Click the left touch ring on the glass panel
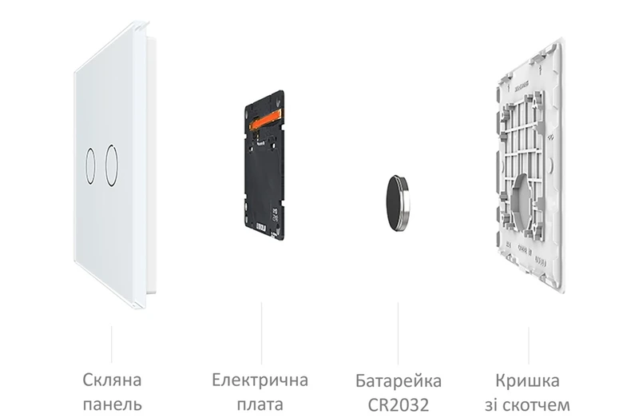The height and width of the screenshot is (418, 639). (x=85, y=166)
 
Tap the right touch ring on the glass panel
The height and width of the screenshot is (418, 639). (x=106, y=165)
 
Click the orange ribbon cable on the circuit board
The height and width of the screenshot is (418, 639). (x=265, y=118)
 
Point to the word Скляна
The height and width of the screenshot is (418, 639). (x=112, y=380)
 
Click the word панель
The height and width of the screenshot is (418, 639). (x=113, y=405)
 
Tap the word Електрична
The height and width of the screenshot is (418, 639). (x=260, y=380)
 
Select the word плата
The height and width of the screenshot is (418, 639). (x=260, y=405)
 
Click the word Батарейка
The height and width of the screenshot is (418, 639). (x=399, y=380)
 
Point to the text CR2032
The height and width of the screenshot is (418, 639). (x=399, y=405)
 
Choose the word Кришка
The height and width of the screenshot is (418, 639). (x=527, y=380)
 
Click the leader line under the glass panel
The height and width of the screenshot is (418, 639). (x=112, y=344)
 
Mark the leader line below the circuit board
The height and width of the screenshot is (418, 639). (x=261, y=333)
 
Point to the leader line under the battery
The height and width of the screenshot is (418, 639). (x=398, y=333)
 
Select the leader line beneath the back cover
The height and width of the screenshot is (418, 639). (x=529, y=345)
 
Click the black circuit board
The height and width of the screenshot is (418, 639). (x=264, y=165)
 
